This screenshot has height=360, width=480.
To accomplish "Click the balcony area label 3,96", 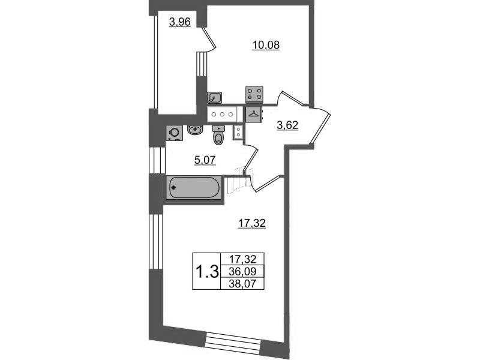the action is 179,22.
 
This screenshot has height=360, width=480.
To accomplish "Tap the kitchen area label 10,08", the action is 266,46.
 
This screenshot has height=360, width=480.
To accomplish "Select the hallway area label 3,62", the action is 287,125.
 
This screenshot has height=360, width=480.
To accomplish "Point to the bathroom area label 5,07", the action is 205,160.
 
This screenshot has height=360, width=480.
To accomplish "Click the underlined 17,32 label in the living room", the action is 251,223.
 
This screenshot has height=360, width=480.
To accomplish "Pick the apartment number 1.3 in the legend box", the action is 206,272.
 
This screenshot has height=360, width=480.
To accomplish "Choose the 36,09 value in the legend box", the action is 242,271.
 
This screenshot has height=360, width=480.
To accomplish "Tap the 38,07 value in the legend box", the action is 242,284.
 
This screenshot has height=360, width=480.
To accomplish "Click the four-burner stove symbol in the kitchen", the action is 254,94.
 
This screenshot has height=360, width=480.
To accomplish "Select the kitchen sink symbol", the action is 214,98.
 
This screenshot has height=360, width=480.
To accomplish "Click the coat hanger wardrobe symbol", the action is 254,115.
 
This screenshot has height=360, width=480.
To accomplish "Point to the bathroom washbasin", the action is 194,130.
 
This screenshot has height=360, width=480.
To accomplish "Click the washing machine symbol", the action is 174,133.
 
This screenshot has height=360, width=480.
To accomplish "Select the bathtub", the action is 193,188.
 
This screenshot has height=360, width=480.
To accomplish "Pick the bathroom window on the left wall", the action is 157,160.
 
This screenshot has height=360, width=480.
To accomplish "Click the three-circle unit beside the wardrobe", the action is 222,115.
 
